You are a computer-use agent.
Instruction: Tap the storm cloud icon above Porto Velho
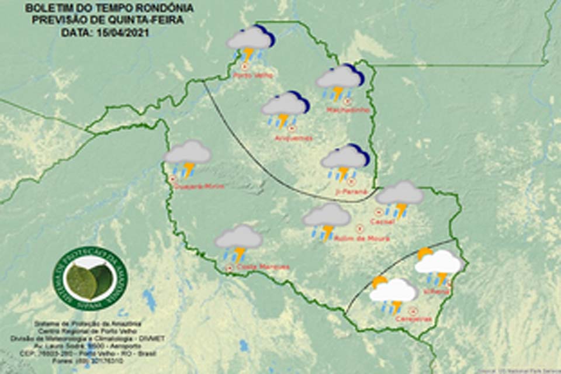coord(250,43)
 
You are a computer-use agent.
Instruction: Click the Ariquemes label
coord(294,138)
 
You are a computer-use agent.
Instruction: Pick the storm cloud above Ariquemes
coord(285,109)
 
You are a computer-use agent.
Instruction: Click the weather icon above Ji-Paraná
coord(345,161)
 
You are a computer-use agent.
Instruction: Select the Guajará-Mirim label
coord(199,186)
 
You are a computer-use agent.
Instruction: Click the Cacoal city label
coord(383,221)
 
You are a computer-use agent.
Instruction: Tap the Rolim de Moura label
coord(353,238)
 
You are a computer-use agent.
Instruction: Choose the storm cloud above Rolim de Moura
coord(326,220)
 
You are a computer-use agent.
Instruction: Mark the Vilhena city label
coord(442,290)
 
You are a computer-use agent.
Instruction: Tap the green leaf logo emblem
coord(89,278)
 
